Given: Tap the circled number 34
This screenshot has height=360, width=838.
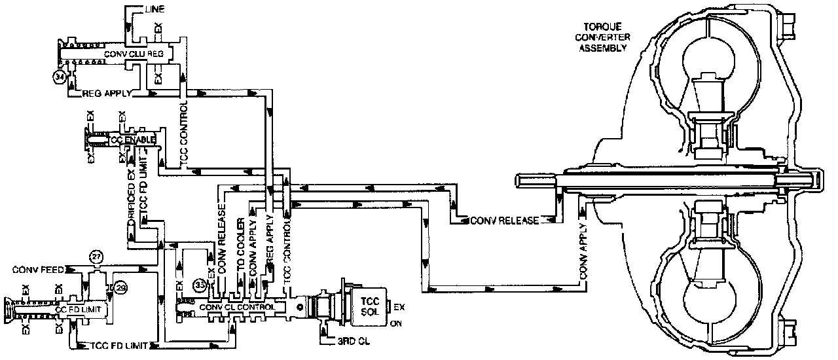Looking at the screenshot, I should coord(60,77).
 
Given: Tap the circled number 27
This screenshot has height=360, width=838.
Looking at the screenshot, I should coord(97,257).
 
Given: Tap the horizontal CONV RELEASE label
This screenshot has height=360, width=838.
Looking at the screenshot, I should coord(505,221).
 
